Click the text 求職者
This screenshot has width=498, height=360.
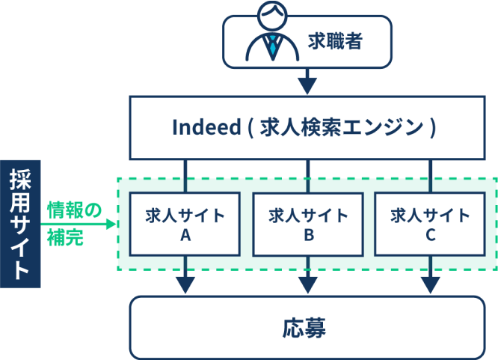(x=336, y=42)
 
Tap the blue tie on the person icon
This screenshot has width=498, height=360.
(x=274, y=46)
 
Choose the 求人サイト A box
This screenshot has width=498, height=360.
(x=185, y=224)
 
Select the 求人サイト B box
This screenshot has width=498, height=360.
(x=307, y=224)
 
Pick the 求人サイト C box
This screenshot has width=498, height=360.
(x=430, y=224)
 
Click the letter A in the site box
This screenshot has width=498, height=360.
(x=185, y=235)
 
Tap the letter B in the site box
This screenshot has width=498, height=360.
(x=307, y=235)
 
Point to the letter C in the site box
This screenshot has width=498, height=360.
(x=430, y=235)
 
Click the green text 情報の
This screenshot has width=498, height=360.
(x=73, y=210)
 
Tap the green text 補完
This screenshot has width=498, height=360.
(x=64, y=240)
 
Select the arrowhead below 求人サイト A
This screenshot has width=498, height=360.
(x=185, y=285)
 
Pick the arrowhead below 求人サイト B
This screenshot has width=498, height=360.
(x=307, y=285)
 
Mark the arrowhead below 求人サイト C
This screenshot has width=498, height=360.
(x=430, y=285)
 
